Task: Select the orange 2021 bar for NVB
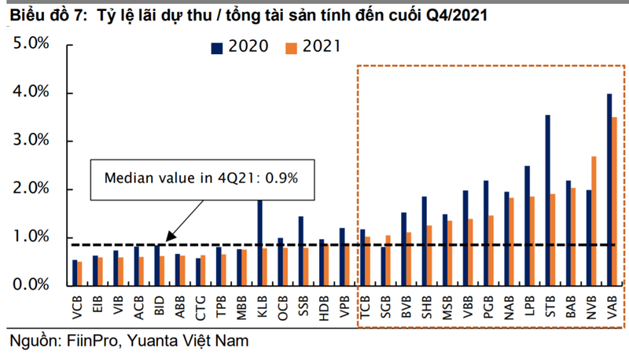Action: (x=594, y=221)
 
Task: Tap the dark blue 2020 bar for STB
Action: (x=547, y=200)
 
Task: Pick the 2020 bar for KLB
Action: (x=259, y=243)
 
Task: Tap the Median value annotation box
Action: (x=203, y=177)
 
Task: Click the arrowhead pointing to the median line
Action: (x=167, y=237)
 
